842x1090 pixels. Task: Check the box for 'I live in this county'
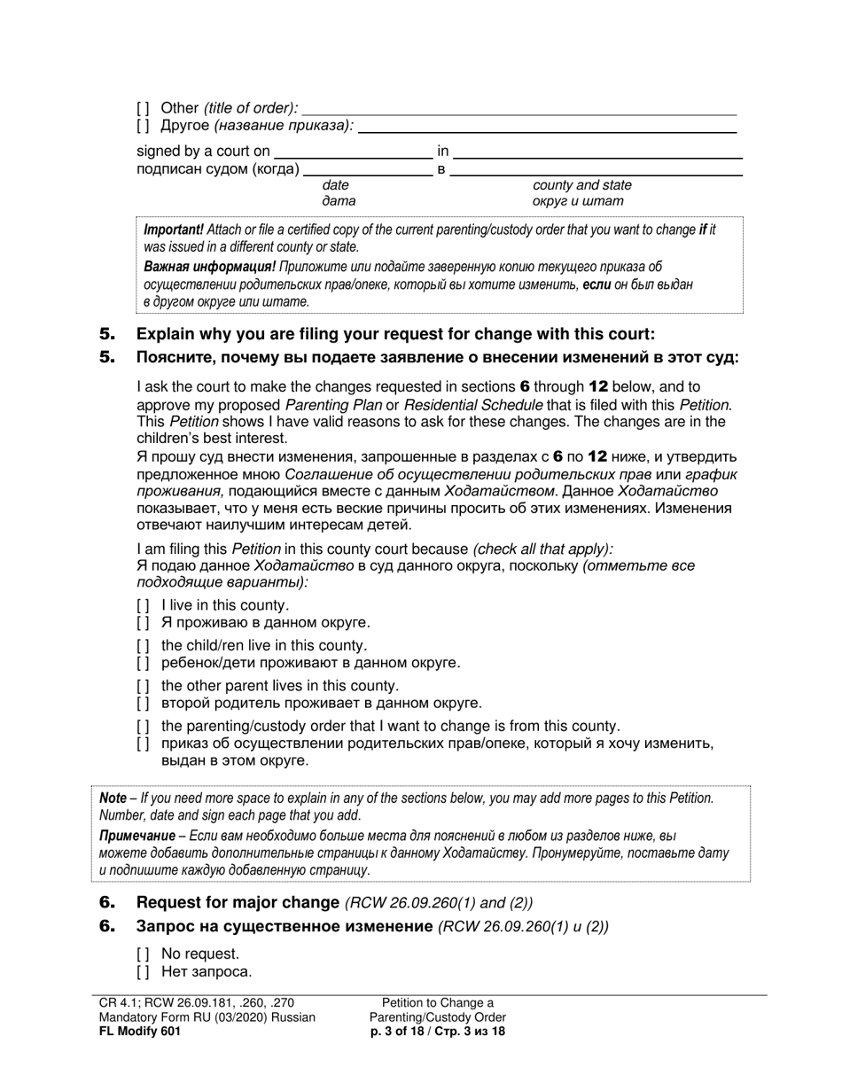pos(143,605)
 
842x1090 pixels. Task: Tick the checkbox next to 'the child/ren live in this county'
pos(143,646)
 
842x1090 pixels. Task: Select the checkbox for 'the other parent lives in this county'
pos(143,686)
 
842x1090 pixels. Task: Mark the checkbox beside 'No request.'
pos(143,954)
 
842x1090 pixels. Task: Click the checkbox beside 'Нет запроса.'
pos(143,971)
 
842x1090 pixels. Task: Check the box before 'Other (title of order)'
pos(143,109)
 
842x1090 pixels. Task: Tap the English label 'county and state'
pos(581,185)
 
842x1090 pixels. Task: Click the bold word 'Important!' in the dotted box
pos(174,230)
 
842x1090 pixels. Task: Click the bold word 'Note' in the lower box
pos(113,798)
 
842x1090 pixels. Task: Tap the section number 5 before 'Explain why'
pos(107,334)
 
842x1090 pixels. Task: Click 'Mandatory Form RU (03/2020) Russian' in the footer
pos(207,1017)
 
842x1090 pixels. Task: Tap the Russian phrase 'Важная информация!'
pos(209,267)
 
